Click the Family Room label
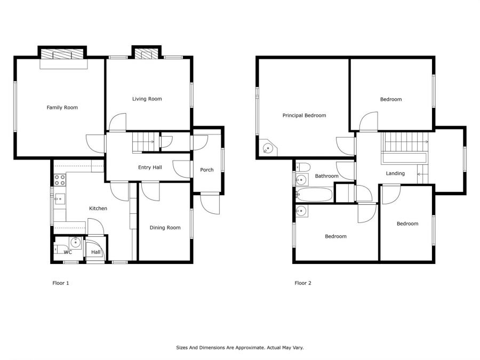click(62, 107)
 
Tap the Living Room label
click(147, 99)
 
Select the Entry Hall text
click(150, 167)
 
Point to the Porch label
click(207, 170)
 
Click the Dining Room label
click(165, 228)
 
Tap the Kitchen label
click(98, 209)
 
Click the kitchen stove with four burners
click(60, 180)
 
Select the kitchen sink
click(60, 199)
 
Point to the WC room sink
click(75, 243)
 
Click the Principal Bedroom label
click(305, 115)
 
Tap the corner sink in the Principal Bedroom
click(268, 149)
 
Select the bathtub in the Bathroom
click(314, 195)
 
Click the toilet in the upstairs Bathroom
click(303, 167)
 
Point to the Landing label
click(395, 173)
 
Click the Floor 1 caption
click(61, 283)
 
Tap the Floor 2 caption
click(303, 283)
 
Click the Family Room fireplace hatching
click(62, 53)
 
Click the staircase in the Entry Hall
click(146, 142)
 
